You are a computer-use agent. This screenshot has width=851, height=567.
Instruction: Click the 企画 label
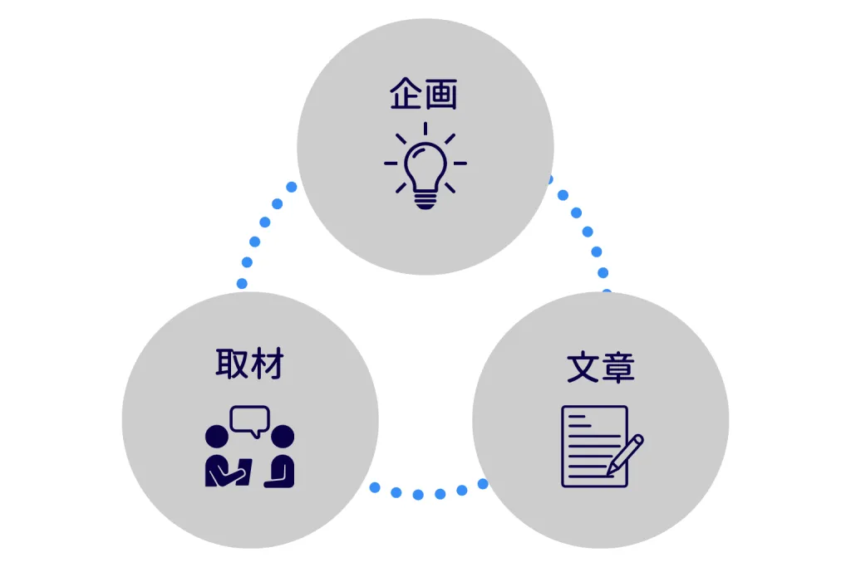click(x=424, y=94)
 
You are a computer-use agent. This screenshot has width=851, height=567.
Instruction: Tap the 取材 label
click(x=249, y=363)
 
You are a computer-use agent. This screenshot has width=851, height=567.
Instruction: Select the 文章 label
click(x=601, y=368)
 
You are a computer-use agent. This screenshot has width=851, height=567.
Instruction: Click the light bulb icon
click(x=425, y=166)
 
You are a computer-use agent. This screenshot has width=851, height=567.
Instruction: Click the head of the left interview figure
click(x=217, y=437)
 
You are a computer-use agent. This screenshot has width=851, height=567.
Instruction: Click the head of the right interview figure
click(x=283, y=437)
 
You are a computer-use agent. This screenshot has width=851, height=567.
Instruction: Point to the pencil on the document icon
click(x=625, y=455)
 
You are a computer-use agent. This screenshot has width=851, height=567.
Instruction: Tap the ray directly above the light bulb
click(x=425, y=129)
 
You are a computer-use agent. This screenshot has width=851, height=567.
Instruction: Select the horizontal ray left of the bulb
click(x=391, y=164)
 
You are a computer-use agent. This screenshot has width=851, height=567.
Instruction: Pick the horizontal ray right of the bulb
click(x=460, y=164)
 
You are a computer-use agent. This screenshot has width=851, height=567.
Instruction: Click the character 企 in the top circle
click(x=406, y=94)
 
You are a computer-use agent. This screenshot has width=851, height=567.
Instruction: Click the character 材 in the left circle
click(x=268, y=363)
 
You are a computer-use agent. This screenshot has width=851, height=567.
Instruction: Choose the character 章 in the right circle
click(x=618, y=368)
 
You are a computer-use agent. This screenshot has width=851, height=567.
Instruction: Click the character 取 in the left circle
click(x=233, y=363)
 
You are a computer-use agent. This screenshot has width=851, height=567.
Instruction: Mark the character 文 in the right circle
click(x=583, y=368)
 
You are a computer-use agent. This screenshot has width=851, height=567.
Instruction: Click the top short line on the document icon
click(x=577, y=417)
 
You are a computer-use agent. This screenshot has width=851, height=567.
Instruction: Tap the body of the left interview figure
click(x=228, y=471)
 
